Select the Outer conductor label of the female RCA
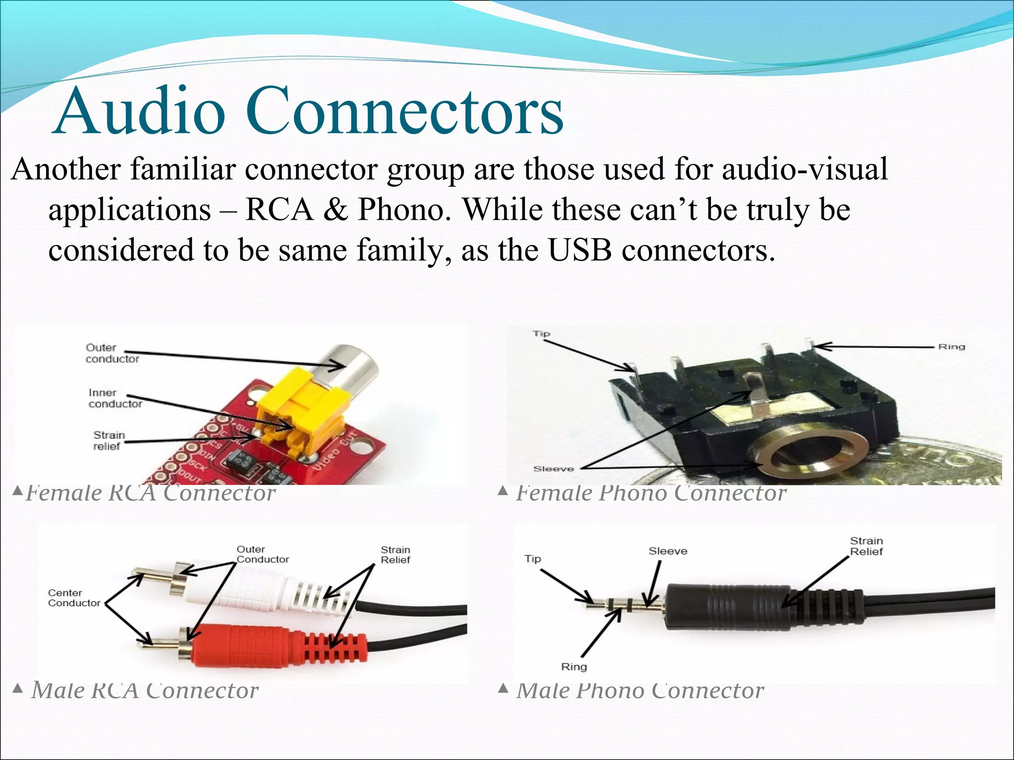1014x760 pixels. point(112,353)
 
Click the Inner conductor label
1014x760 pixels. point(115,398)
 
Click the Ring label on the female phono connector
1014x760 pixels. point(951,347)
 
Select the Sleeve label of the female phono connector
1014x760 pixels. point(553,469)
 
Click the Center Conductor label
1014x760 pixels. point(74,598)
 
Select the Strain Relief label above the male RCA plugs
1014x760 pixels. point(395,555)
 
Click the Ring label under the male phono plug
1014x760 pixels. point(573,666)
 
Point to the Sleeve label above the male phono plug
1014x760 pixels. point(667,551)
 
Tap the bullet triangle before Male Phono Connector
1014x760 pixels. point(503,688)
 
